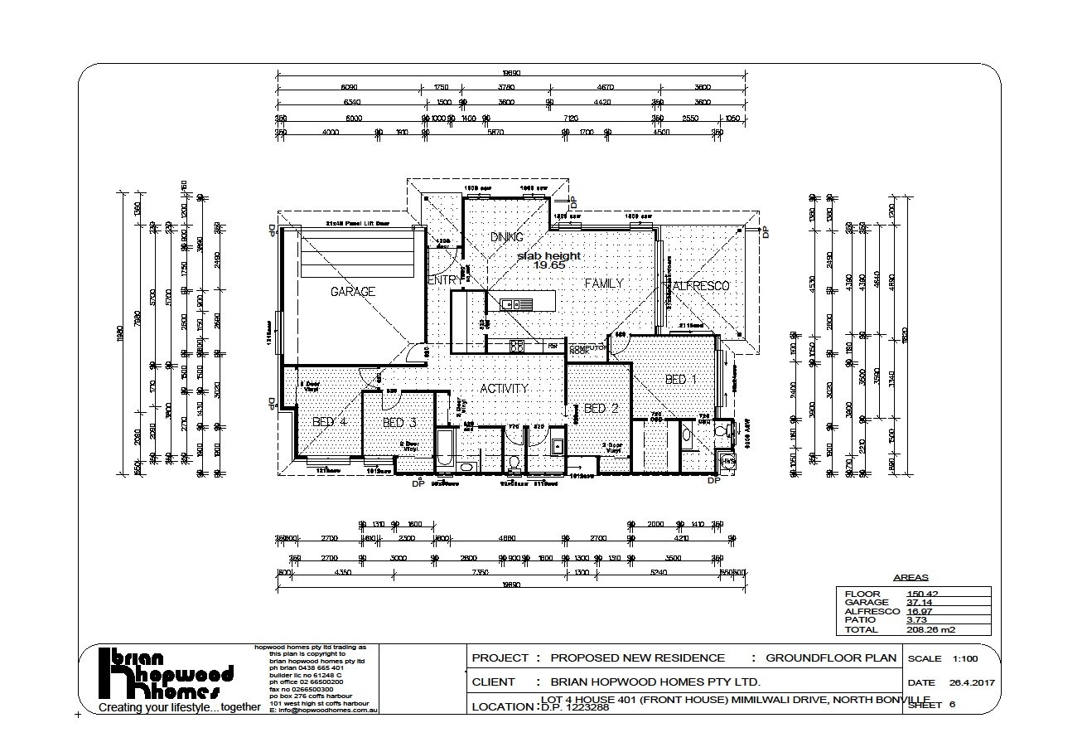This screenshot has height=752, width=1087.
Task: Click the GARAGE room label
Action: [x=353, y=292]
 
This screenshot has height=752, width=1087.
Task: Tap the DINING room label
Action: [x=506, y=237]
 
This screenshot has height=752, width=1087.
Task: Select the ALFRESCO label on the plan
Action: [x=701, y=286]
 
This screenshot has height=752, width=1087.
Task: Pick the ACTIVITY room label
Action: [x=505, y=388]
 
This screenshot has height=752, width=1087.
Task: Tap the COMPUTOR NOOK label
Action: [x=587, y=350]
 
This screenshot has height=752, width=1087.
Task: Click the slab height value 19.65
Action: [x=549, y=266]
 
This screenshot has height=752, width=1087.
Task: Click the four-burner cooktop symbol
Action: [x=517, y=345]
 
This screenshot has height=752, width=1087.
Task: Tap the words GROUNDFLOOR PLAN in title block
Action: [x=831, y=658]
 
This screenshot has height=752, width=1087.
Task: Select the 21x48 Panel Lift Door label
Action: [x=357, y=224]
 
